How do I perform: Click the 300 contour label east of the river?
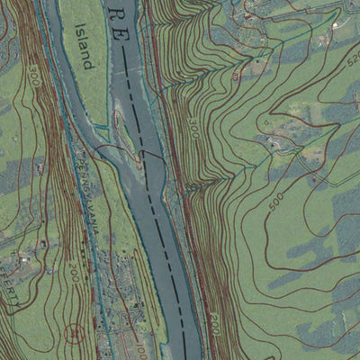coord(193,128)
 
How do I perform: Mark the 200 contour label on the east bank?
coord(213,318)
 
